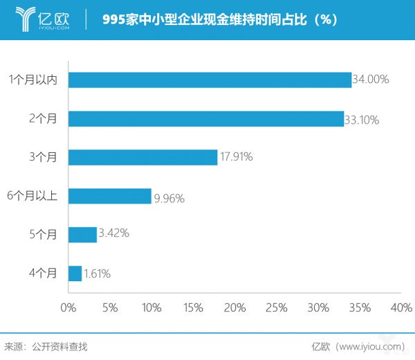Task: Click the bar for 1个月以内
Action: tap(210, 80)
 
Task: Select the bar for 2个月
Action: tap(206, 118)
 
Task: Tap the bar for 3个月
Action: tap(142, 157)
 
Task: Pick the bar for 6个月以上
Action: tap(109, 196)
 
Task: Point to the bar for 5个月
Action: tap(82, 235)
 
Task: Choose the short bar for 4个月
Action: tap(75, 273)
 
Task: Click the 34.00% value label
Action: tap(371, 80)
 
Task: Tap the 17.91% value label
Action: tap(236, 157)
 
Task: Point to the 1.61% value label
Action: tap(97, 274)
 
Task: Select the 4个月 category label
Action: tap(43, 273)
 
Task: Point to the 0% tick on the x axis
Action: tap(68, 307)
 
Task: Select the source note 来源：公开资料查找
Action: tap(46, 346)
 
